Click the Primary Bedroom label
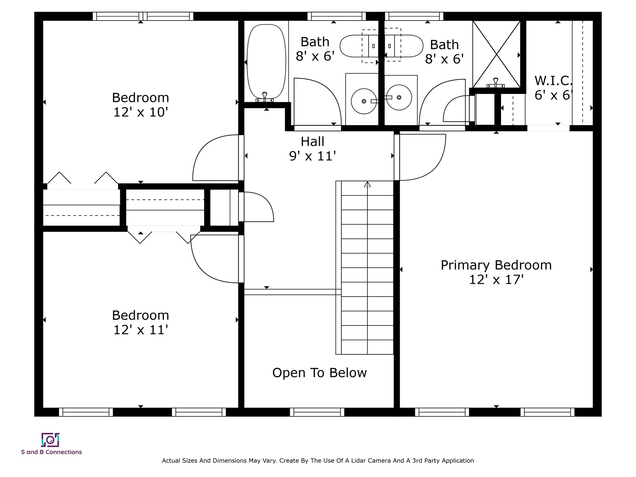pos(496,265)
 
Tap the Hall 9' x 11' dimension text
pos(312,156)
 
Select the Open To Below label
pos(320,373)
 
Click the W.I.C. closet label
pos(553,81)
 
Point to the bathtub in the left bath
pos(266,62)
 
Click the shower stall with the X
pos(496,54)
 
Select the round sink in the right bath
pos(399,98)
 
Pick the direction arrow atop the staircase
pos(367,184)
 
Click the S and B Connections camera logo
pos(50,440)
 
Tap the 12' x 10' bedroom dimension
pos(141,112)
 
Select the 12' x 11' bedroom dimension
pos(141,330)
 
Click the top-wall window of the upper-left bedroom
pos(143,16)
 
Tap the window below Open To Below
pos(317,412)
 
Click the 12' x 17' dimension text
pos(496,280)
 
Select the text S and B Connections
pos(52,452)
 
